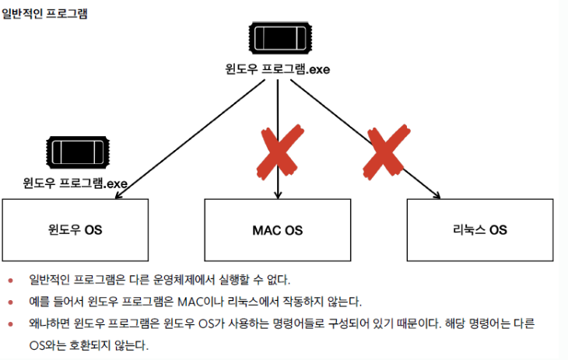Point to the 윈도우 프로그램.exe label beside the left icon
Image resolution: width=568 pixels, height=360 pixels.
point(75,184)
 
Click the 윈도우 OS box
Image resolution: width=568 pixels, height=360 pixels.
point(75,230)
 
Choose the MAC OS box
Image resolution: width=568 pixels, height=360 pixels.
point(278,230)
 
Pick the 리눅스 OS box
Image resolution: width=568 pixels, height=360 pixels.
point(480,230)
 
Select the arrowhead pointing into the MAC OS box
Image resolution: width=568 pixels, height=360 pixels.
point(278,194)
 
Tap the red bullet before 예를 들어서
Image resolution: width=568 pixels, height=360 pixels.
point(11,302)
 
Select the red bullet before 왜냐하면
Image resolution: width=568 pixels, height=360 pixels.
point(11,323)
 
